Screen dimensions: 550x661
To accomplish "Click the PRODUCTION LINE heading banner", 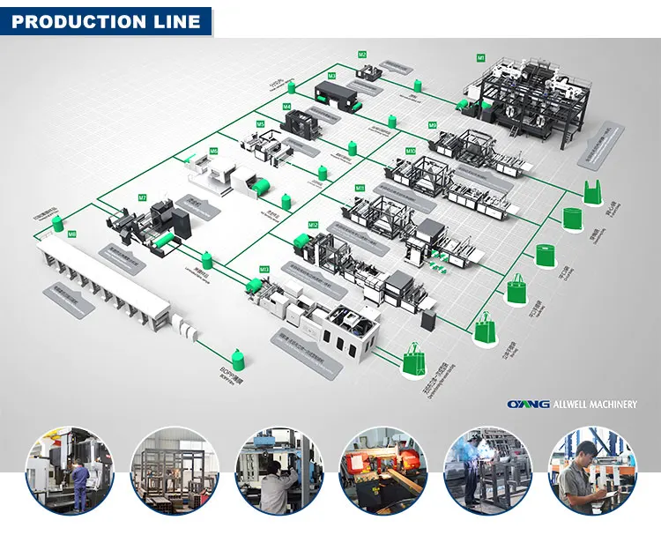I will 106,19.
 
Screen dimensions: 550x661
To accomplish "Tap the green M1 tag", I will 481,57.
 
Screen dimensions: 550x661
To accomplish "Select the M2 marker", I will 361,55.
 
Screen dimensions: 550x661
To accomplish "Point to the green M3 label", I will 331,76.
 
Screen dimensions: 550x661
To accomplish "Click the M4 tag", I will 287,107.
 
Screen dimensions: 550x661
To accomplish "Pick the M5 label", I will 260,124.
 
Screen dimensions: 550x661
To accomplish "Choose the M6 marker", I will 213,152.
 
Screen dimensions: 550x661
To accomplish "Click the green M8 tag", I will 71,234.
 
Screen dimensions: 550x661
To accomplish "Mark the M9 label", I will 432,125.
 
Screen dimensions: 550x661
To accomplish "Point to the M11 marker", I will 360,188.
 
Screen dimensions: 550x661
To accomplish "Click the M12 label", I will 313,225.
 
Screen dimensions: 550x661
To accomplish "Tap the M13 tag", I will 264,269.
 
